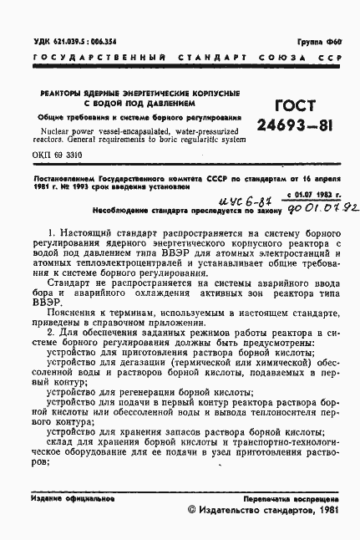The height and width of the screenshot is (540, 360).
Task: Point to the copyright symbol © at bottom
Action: [x=193, y=509]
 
